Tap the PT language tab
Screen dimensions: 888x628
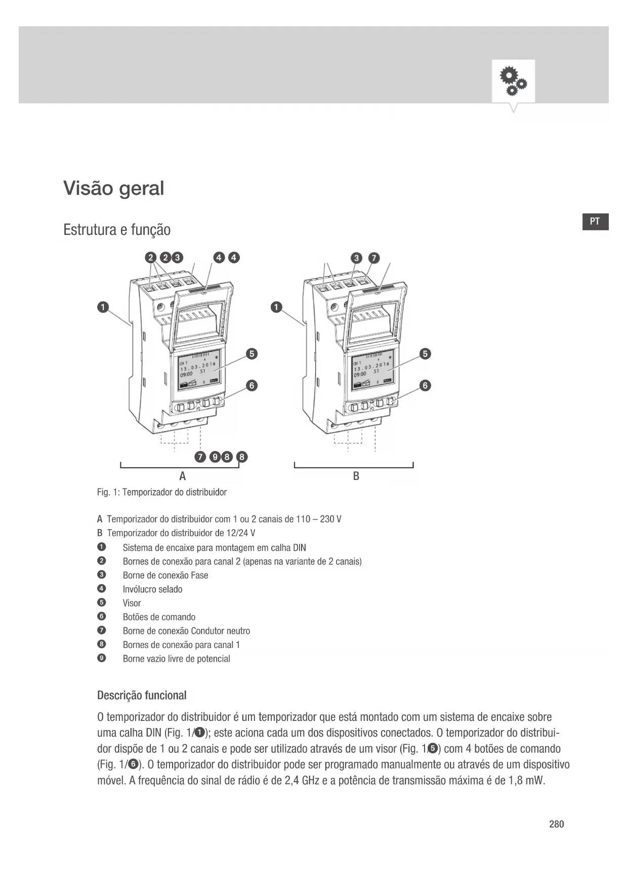pos(595,222)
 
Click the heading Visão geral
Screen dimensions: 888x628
pos(114,188)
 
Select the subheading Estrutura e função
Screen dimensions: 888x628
pos(117,230)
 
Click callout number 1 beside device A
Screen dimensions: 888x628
pos(103,307)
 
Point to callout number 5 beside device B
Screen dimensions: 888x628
pos(426,354)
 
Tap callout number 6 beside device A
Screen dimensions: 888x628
pos(252,386)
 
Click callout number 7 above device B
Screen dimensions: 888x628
pos(373,258)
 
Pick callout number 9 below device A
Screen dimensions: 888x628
pos(215,457)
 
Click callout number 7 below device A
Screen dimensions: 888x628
pos(200,457)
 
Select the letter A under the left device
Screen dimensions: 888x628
pos(183,476)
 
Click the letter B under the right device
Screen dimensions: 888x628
pos(356,476)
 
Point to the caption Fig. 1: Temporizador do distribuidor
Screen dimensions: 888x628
pos(162,492)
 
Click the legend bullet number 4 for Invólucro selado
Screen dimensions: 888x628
pos(102,589)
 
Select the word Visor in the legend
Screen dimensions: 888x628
pos(132,603)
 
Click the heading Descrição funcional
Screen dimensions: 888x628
pos(142,696)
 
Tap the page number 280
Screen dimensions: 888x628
pos(556,824)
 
